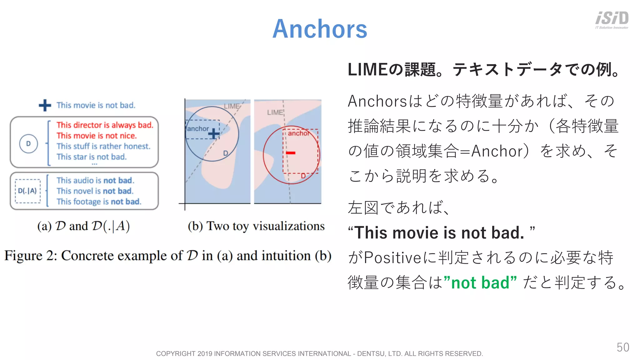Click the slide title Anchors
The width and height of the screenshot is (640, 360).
[320, 29]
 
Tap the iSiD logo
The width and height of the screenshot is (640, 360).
[612, 19]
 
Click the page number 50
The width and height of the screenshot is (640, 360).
[623, 347]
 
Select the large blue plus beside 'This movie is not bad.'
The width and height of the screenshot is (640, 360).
[45, 105]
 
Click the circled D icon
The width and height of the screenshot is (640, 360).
[28, 144]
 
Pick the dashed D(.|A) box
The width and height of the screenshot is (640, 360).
[28, 191]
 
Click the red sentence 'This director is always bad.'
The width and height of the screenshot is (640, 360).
[105, 125]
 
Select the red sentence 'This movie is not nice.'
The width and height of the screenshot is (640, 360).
[97, 136]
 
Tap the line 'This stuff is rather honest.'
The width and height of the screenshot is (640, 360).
[103, 146]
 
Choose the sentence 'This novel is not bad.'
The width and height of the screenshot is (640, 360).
[95, 191]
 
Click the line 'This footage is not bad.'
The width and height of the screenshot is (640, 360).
[99, 202]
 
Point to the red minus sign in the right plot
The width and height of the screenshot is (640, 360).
[291, 153]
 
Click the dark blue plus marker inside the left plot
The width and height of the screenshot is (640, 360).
[214, 134]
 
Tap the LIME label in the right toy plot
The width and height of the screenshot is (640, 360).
[275, 112]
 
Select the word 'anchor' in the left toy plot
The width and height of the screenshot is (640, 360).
[198, 129]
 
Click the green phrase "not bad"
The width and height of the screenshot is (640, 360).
[480, 283]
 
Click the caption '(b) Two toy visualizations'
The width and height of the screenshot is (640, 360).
[256, 226]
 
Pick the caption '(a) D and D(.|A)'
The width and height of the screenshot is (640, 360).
[83, 226]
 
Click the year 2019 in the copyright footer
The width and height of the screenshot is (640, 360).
[205, 353]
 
